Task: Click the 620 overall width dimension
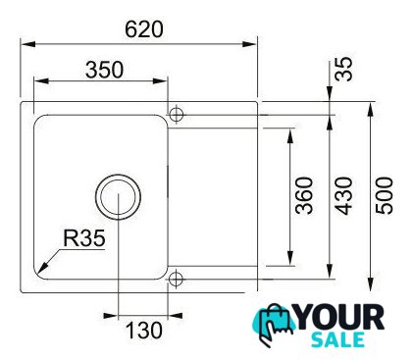(144, 29)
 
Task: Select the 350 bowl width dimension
(105, 70)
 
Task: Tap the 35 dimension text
(343, 69)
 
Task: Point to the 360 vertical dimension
(304, 195)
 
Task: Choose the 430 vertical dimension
(344, 195)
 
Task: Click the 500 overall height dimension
(385, 195)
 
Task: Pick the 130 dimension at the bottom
(144, 330)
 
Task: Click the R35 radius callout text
(84, 237)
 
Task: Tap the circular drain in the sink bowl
(118, 197)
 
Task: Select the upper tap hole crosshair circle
(177, 115)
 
